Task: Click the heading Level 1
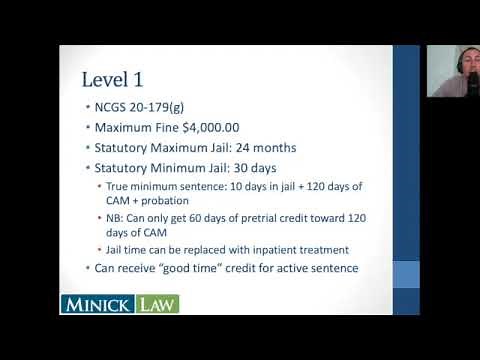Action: pyautogui.click(x=112, y=78)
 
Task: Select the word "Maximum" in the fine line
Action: pyautogui.click(x=126, y=129)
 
